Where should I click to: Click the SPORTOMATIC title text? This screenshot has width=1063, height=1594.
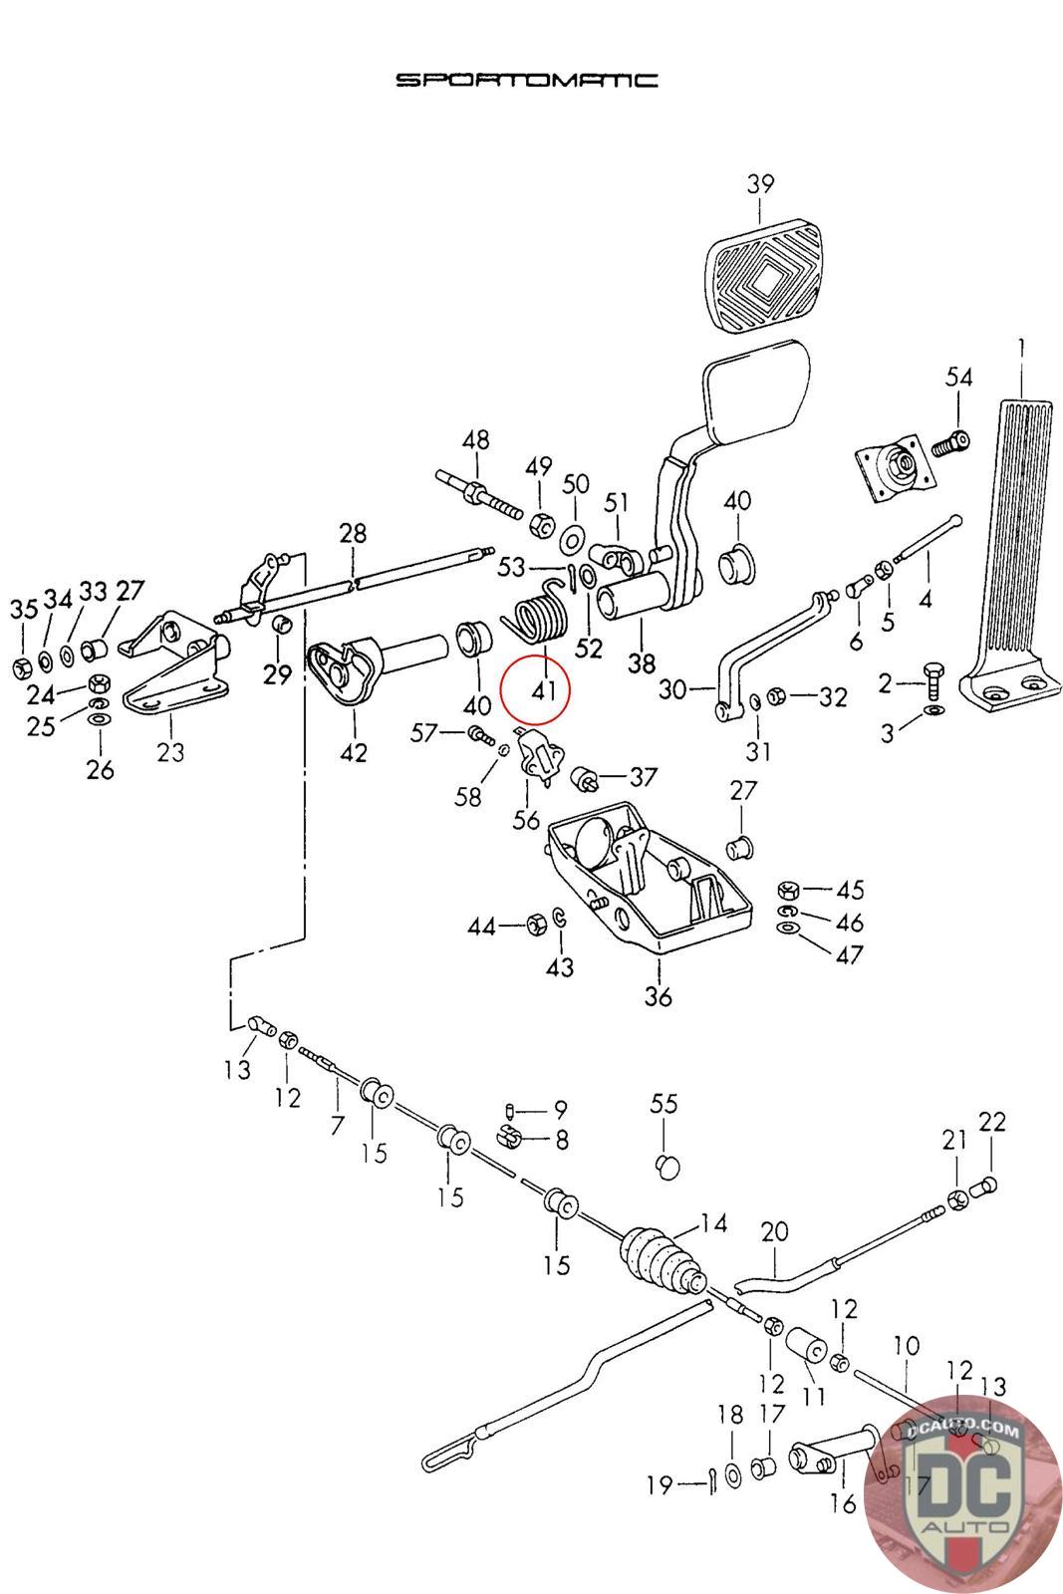(x=527, y=80)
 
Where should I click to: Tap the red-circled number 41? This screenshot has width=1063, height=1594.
(x=544, y=689)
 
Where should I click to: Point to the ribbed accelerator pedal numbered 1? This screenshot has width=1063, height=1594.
(x=1011, y=556)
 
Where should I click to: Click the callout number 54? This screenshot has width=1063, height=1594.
(x=958, y=377)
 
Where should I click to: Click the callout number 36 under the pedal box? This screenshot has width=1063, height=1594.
(x=659, y=995)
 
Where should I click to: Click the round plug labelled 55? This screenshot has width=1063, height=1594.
(x=666, y=1167)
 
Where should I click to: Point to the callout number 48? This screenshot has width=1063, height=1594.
(x=476, y=439)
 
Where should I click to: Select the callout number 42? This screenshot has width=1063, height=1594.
(x=354, y=753)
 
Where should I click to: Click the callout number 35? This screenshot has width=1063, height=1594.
(x=24, y=609)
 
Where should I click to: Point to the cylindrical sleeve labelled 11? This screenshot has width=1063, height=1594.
(x=806, y=1346)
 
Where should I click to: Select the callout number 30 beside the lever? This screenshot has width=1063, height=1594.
(x=672, y=688)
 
